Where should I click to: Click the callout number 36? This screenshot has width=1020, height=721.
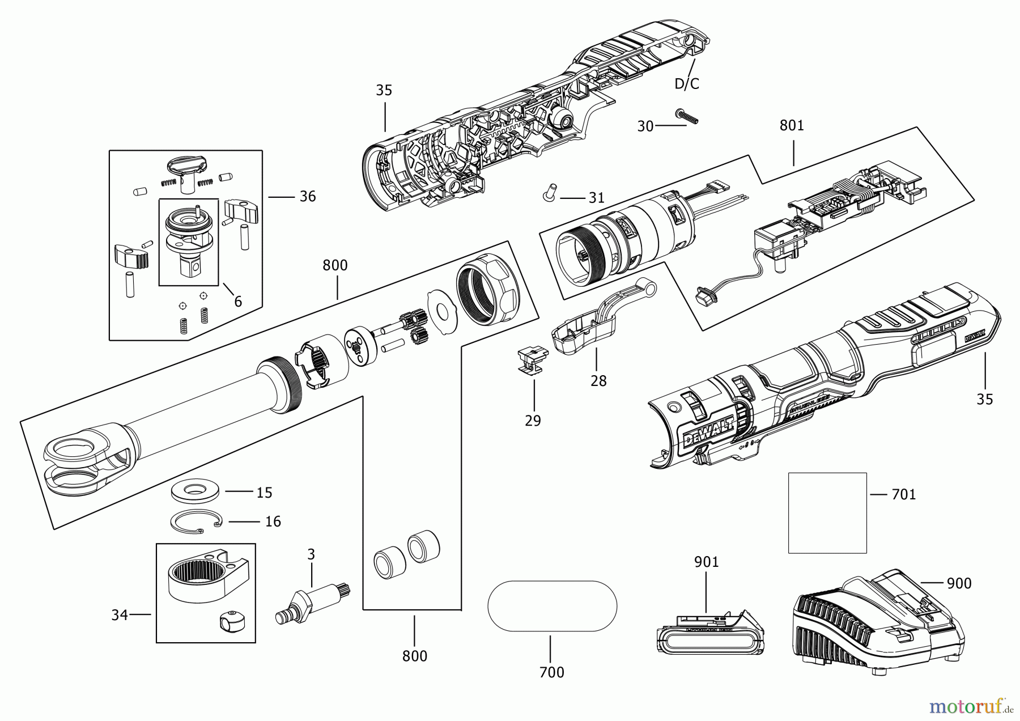coord(307,197)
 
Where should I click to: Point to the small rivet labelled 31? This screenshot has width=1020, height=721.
coord(548,192)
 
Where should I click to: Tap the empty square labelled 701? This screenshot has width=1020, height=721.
coord(827,512)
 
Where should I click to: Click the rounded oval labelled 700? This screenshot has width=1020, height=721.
coord(552,606)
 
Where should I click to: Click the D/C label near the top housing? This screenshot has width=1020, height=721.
coord(686,84)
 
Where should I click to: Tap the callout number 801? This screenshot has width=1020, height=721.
coord(792,125)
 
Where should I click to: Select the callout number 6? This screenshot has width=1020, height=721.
coord(238,302)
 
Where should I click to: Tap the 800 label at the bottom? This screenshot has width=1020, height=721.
coord(414,656)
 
